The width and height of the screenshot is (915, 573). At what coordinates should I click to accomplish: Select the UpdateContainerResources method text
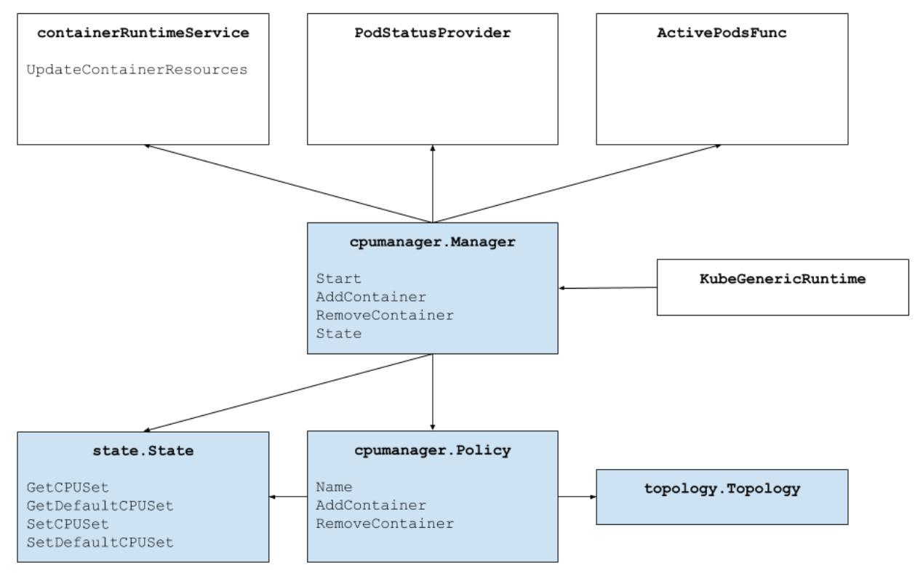click(x=136, y=71)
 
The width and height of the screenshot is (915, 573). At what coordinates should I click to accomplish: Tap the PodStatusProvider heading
click(x=433, y=35)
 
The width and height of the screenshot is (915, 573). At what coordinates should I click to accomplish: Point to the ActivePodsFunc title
click(x=721, y=35)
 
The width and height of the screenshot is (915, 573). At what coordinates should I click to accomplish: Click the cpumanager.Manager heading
click(x=433, y=242)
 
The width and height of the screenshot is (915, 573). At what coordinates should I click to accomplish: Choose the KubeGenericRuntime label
click(x=783, y=279)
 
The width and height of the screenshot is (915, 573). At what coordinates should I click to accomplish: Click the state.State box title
click(x=143, y=451)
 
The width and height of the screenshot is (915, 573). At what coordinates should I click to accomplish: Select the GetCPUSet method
click(x=72, y=487)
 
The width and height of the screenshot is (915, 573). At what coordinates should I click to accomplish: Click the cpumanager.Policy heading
click(x=433, y=451)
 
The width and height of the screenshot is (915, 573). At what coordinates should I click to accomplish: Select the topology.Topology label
click(x=722, y=489)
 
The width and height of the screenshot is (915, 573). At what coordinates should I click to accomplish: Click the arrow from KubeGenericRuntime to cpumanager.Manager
click(x=607, y=288)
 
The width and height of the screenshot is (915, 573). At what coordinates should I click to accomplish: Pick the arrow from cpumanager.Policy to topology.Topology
click(x=577, y=497)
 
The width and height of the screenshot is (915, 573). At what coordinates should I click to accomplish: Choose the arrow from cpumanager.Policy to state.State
click(x=288, y=497)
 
